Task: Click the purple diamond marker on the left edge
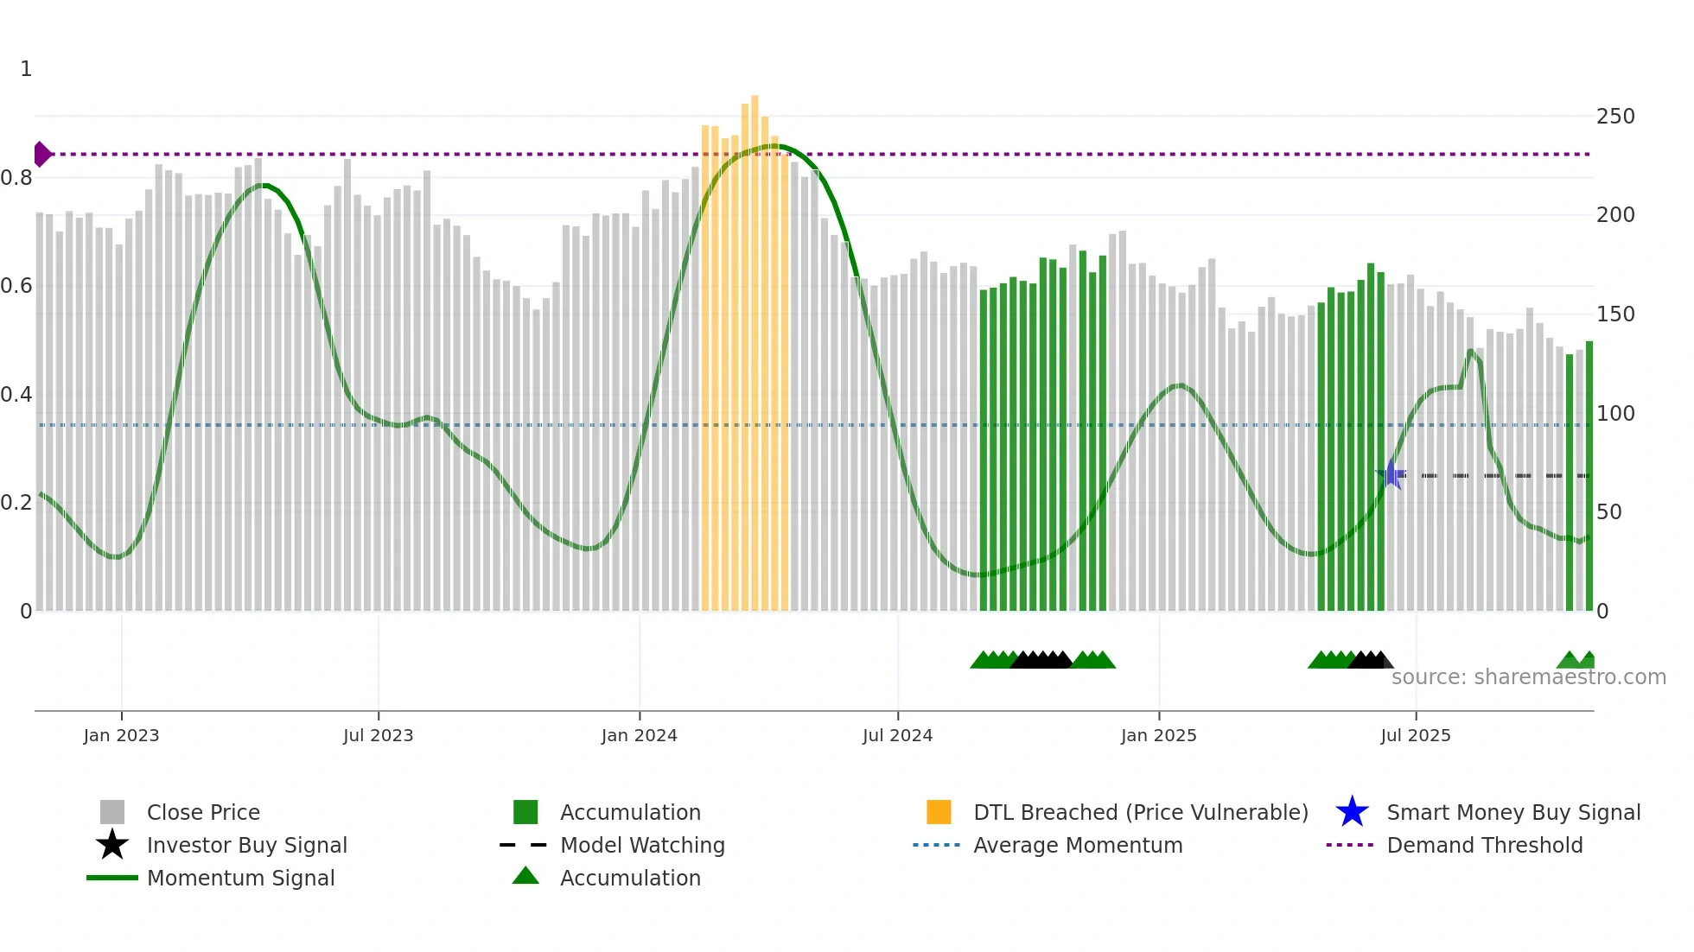41,154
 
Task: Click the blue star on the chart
1391,474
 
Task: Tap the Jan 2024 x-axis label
639,735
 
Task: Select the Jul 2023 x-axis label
378,735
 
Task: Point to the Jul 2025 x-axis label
1415,735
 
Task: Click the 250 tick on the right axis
1614,116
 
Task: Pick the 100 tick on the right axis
1614,413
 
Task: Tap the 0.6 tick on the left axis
17,285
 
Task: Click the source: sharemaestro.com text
1528,677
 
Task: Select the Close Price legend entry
202,812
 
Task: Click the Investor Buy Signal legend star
112,845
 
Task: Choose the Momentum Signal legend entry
240,878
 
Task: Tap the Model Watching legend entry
641,845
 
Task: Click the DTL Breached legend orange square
939,812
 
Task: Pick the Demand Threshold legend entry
1484,845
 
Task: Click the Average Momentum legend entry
1077,845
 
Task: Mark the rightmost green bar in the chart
1589,475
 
